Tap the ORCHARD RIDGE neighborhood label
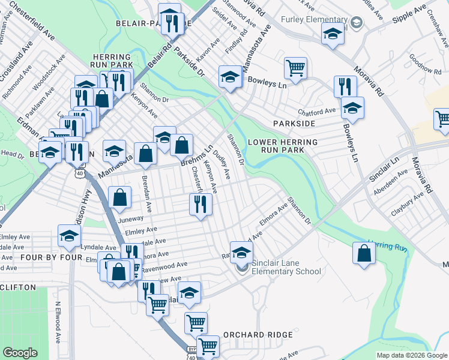pos(258,334)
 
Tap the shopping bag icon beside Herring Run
pos(364,253)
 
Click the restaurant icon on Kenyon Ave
pos(200,205)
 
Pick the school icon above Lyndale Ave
pos(69,236)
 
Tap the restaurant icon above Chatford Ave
pos(344,86)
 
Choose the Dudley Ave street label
pos(223,164)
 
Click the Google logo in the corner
pos(20,353)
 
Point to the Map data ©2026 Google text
pos(411,355)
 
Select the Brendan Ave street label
pos(145,187)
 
